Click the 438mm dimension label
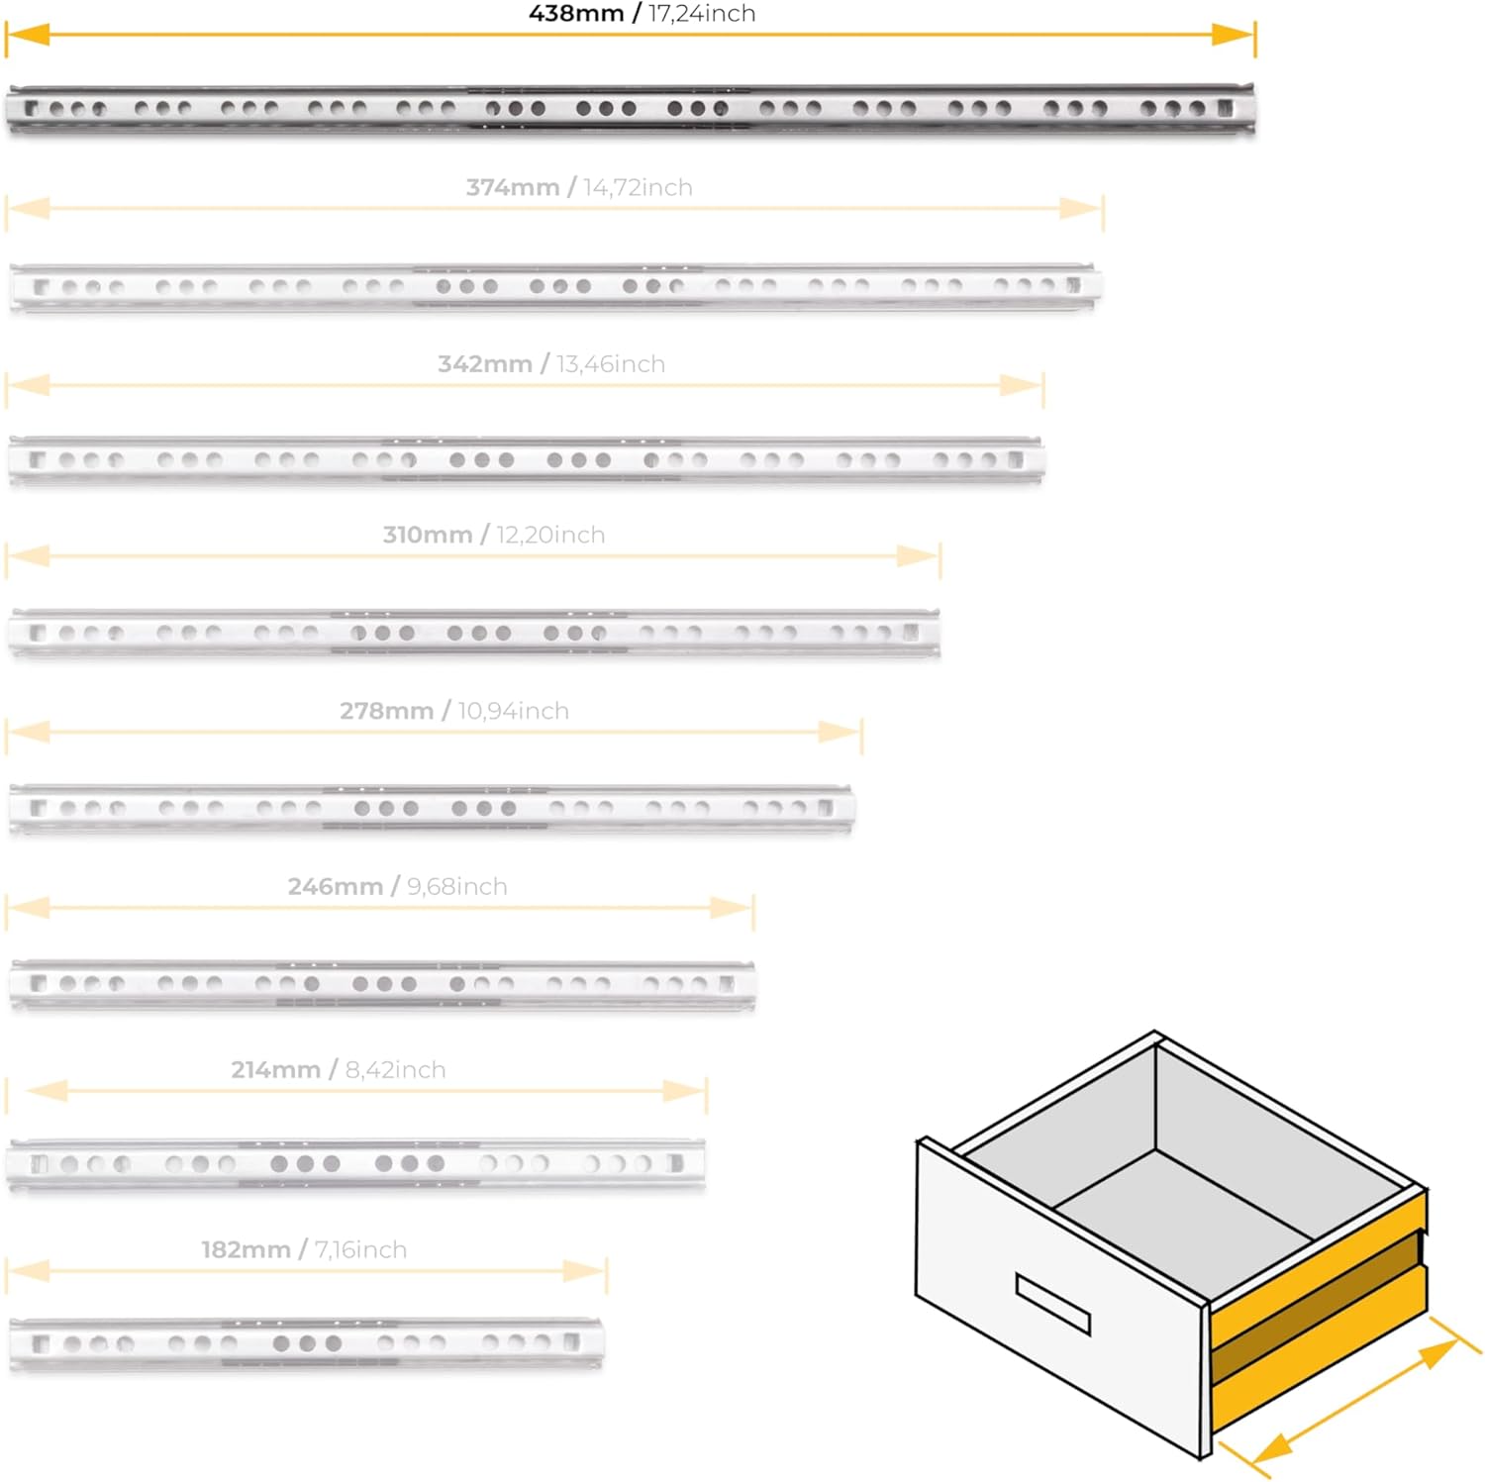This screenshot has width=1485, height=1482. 576,14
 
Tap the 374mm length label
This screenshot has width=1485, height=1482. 513,187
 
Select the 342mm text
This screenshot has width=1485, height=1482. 485,364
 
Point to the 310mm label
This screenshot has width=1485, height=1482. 428,535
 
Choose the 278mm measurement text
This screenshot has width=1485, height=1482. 387,711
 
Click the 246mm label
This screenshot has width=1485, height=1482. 336,886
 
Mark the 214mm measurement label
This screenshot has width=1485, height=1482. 276,1069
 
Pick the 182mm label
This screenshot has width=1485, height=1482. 247,1249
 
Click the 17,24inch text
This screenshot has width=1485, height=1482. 702,14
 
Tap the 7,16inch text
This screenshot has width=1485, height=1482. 360,1250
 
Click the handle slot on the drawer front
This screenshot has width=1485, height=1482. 1052,1303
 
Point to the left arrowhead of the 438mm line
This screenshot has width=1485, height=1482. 29,35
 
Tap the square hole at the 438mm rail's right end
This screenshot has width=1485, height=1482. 1225,108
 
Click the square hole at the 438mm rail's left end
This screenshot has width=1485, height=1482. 33,108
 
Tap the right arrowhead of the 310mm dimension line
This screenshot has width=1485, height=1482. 918,556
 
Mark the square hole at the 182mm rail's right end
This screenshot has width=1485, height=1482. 571,1342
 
